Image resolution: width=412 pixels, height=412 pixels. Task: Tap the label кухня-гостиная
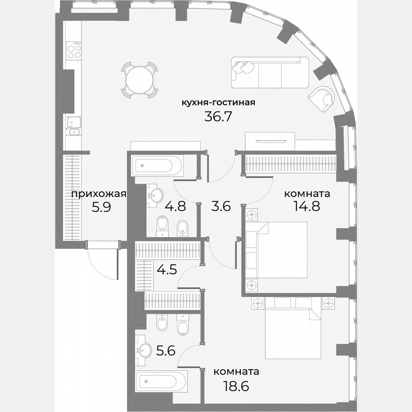(x=219, y=102)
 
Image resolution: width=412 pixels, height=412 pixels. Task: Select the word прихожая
(x=98, y=194)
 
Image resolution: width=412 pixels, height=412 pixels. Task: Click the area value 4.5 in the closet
(x=167, y=269)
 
